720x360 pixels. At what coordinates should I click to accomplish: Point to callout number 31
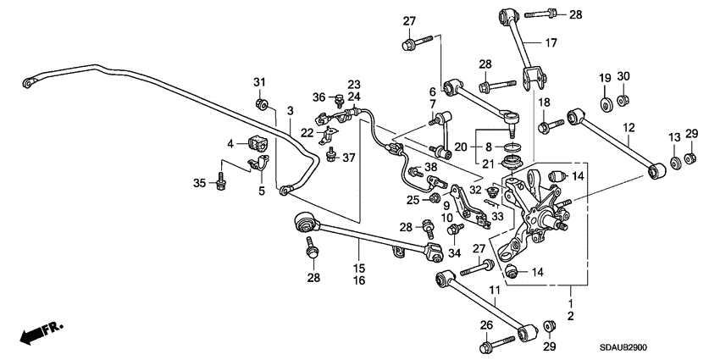click(260, 81)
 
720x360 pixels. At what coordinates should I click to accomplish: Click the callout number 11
click(494, 291)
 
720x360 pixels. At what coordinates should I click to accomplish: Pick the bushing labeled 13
click(674, 161)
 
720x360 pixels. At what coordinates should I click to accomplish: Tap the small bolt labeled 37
click(332, 157)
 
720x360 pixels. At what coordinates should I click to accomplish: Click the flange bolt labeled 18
click(546, 127)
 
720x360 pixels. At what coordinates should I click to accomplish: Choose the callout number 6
click(432, 91)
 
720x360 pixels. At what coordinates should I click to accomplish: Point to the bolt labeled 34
click(455, 230)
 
